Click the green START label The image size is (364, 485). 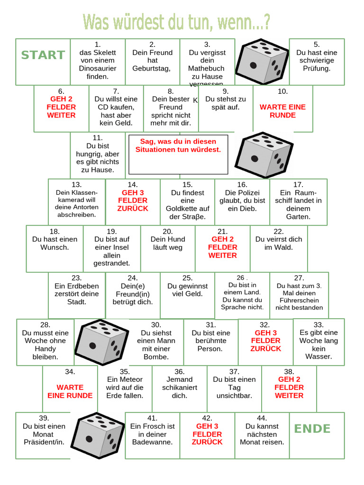[43, 55]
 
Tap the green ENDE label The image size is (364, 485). [312, 429]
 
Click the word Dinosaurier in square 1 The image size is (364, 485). [98, 68]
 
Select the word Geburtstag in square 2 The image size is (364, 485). [153, 68]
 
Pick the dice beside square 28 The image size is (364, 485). [101, 341]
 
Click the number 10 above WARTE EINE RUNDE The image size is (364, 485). [282, 91]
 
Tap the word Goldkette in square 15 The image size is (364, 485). [187, 208]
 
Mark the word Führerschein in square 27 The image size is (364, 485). [299, 300]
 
